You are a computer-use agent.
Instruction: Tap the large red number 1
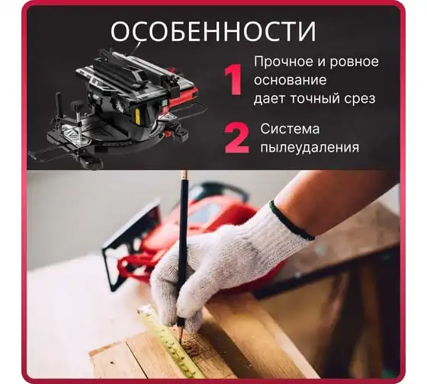[x=233, y=79]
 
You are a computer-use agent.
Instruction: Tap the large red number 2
[x=236, y=139]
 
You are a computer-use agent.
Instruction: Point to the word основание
[x=290, y=80]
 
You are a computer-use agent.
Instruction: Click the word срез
[x=359, y=99]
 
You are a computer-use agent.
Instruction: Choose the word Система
[x=290, y=129]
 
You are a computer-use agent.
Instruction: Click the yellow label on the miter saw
[x=138, y=116]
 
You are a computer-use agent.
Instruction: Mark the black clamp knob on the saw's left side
[x=58, y=102]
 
